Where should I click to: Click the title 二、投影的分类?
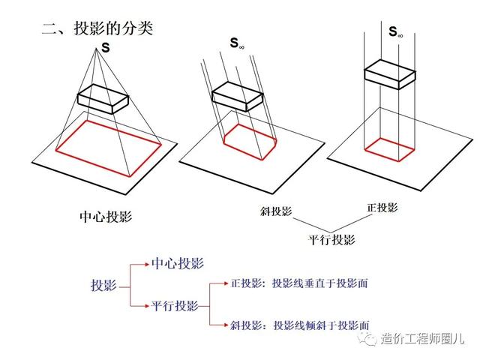(x=97, y=28)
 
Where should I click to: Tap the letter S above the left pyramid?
(x=105, y=48)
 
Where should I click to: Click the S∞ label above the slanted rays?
(x=237, y=43)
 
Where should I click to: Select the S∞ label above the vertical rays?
(x=395, y=31)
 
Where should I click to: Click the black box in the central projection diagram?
(x=103, y=98)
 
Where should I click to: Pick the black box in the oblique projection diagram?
(x=237, y=97)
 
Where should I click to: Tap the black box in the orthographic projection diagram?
(x=390, y=74)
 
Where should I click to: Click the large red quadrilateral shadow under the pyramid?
(x=109, y=148)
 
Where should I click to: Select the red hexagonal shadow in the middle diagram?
(x=250, y=142)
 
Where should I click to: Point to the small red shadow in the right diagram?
(x=389, y=149)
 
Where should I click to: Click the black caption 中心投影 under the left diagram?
(x=106, y=217)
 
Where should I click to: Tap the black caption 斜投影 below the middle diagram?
(x=276, y=211)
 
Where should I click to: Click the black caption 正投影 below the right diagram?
(x=382, y=208)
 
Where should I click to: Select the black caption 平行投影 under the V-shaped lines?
(x=331, y=239)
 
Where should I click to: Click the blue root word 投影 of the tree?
(x=103, y=285)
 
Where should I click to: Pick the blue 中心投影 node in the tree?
(x=178, y=263)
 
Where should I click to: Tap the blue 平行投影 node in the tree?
(x=175, y=305)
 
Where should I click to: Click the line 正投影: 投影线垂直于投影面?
(x=299, y=283)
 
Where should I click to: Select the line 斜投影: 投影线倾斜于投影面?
(x=300, y=325)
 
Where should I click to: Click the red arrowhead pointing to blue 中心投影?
(x=147, y=264)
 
